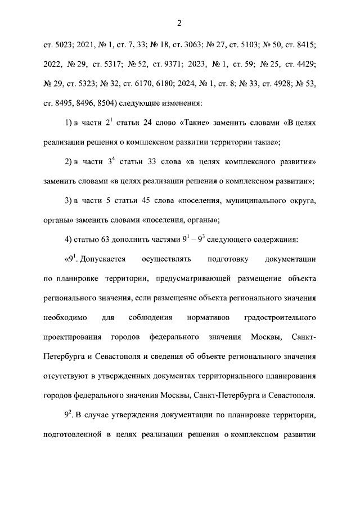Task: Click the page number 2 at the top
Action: coord(179,23)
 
